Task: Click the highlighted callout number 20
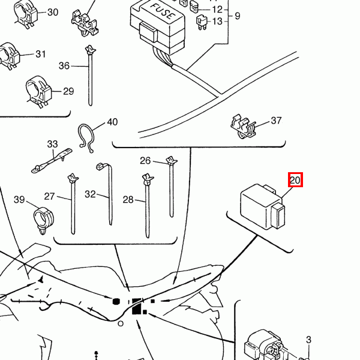tap(295, 180)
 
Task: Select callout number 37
tap(276, 121)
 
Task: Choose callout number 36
tap(64, 66)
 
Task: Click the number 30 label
tap(53, 12)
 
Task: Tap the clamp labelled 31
tap(9, 56)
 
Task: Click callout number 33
tap(52, 144)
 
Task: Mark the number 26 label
tap(145, 161)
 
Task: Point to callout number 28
tap(128, 200)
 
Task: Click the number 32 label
tap(90, 194)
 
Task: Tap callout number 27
tap(50, 196)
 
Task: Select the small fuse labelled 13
tap(202, 22)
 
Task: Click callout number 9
tap(238, 16)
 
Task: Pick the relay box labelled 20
tap(263, 206)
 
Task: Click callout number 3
tap(309, 340)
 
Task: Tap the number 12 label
tap(217, 10)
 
